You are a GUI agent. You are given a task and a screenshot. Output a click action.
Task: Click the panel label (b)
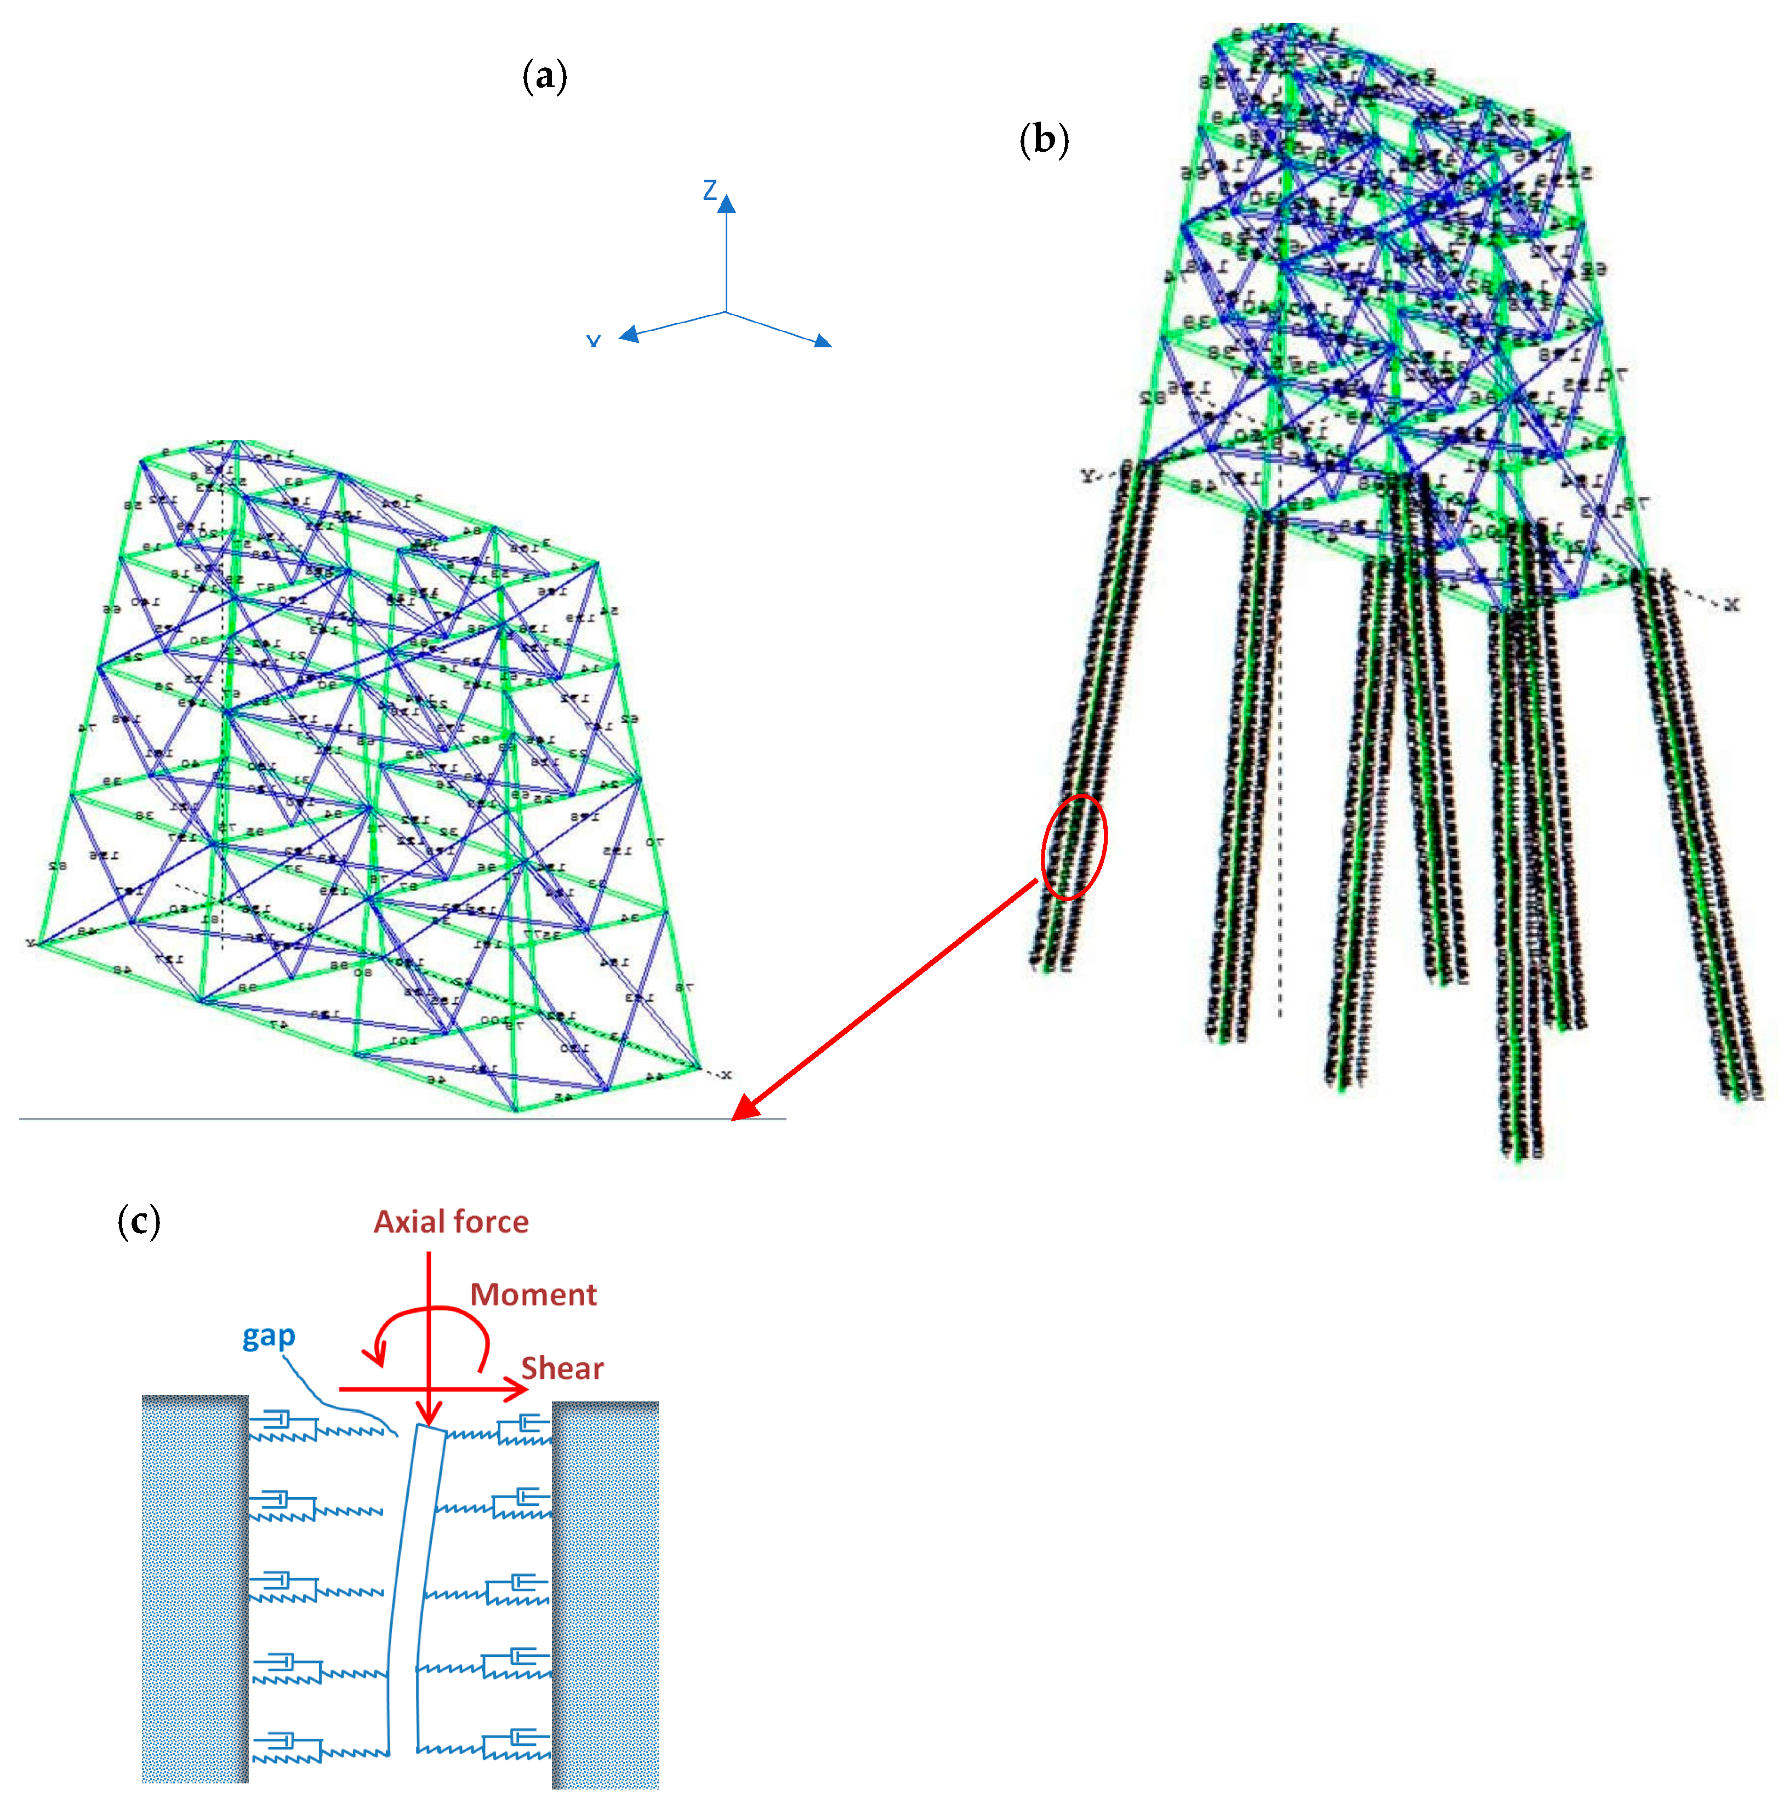tap(1043, 140)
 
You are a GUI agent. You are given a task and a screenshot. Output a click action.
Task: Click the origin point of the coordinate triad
tap(726, 312)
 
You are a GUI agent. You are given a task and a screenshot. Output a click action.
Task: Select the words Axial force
tap(452, 1222)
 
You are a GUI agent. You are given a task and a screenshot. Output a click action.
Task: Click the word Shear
tap(562, 1369)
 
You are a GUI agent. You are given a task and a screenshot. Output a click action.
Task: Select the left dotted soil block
tap(195, 1588)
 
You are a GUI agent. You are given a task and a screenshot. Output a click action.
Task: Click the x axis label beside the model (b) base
tap(1732, 605)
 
